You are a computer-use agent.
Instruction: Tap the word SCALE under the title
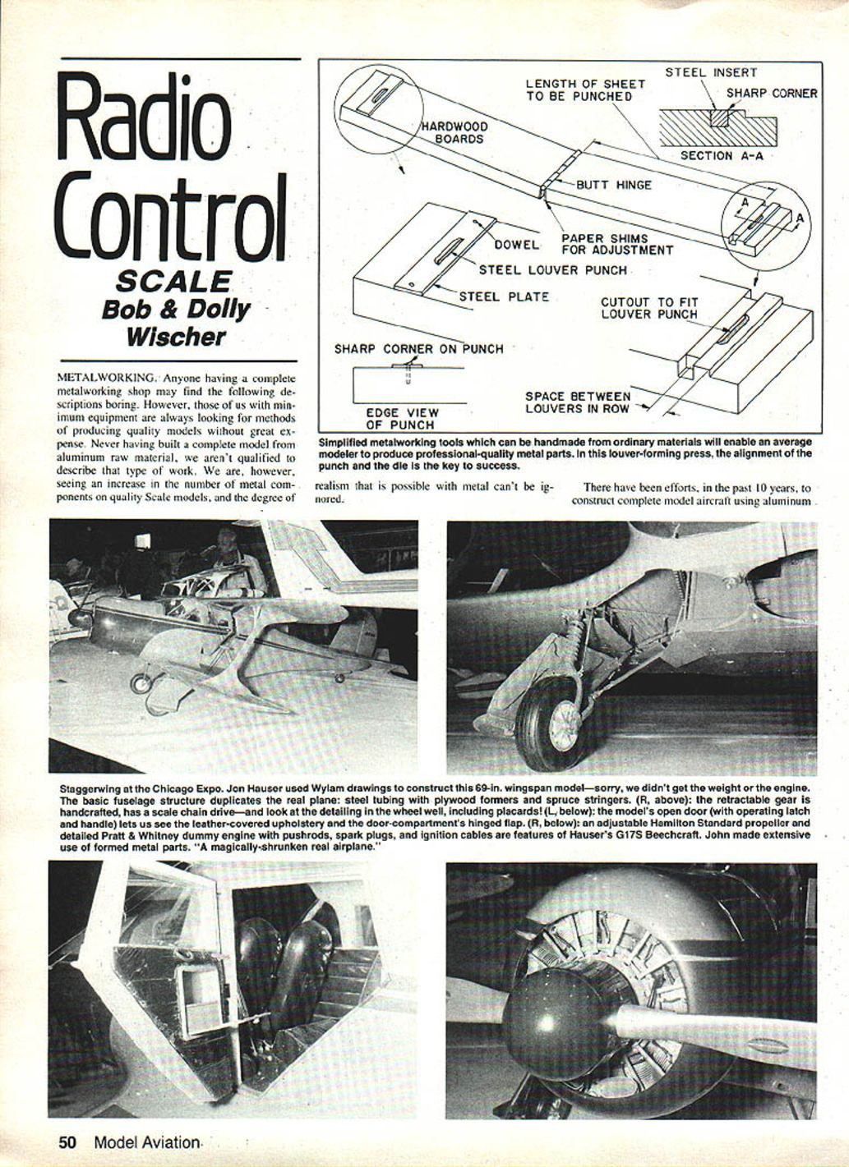[x=174, y=282]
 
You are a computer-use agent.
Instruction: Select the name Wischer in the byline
[x=176, y=337]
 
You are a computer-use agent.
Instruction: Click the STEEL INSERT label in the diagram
[x=711, y=72]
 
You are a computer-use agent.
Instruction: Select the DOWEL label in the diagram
[x=516, y=245]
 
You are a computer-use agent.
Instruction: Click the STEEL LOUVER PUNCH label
[x=552, y=270]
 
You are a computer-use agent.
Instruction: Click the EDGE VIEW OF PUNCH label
[x=402, y=419]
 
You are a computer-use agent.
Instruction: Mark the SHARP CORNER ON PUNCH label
[x=418, y=349]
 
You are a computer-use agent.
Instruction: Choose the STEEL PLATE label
[x=504, y=297]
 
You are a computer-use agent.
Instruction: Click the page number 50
[x=67, y=1142]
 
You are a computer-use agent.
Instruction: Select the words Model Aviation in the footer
[x=146, y=1142]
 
